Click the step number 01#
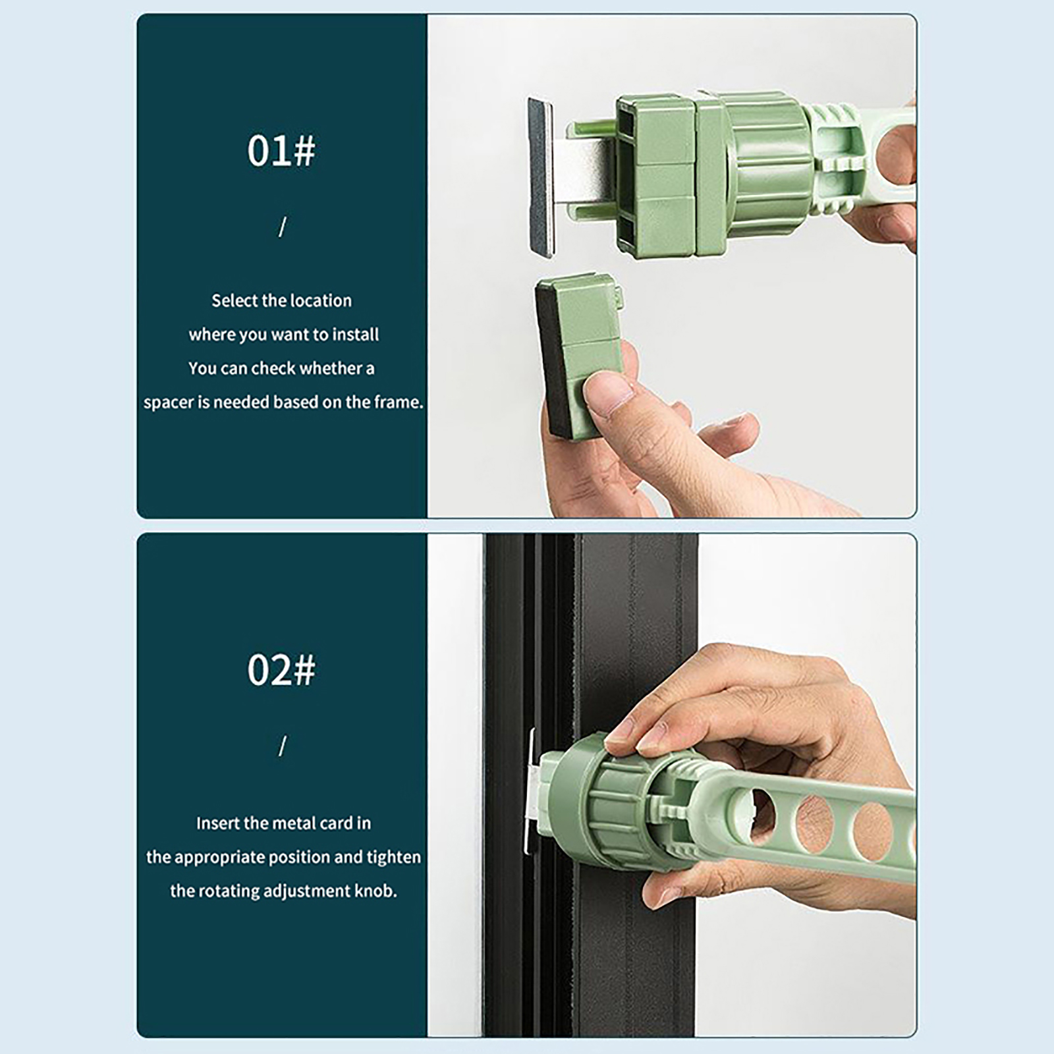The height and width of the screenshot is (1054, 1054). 281,151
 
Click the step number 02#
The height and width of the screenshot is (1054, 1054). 281,670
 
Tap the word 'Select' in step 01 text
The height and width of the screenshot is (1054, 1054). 234,300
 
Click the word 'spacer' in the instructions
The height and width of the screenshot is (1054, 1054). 166,402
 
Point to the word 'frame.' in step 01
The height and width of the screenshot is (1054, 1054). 399,402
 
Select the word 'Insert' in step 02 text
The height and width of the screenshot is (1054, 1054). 218,823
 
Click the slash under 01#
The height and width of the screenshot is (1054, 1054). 283,227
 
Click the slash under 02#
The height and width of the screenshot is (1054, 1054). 283,746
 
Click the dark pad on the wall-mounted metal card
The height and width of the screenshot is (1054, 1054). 541,177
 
